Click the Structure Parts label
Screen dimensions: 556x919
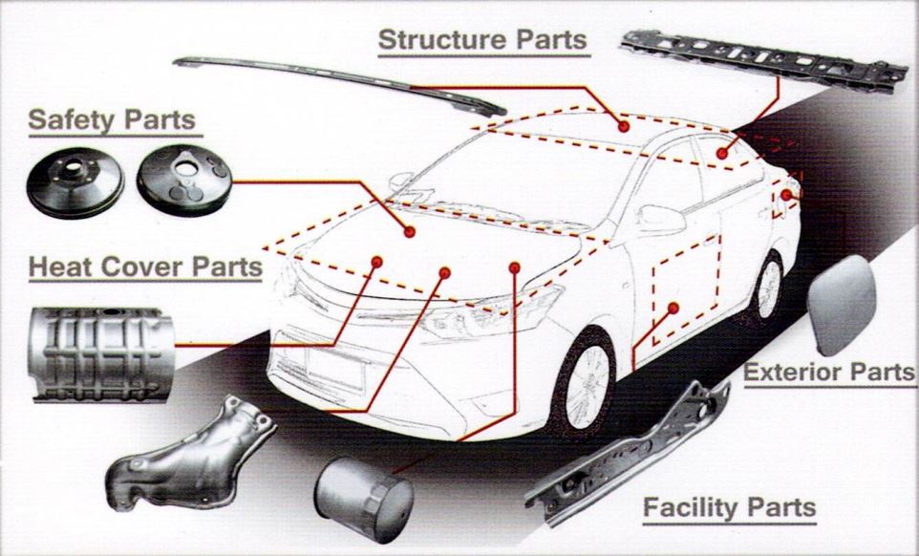click(481, 40)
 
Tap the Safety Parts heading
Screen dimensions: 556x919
click(112, 120)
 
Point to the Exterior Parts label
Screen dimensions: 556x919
click(828, 372)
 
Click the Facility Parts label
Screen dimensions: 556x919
click(729, 506)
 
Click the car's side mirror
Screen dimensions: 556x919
click(659, 218)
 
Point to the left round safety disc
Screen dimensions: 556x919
click(75, 182)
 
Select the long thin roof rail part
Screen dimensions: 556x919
click(339, 84)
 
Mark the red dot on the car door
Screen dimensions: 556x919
click(673, 308)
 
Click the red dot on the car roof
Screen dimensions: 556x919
click(623, 125)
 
